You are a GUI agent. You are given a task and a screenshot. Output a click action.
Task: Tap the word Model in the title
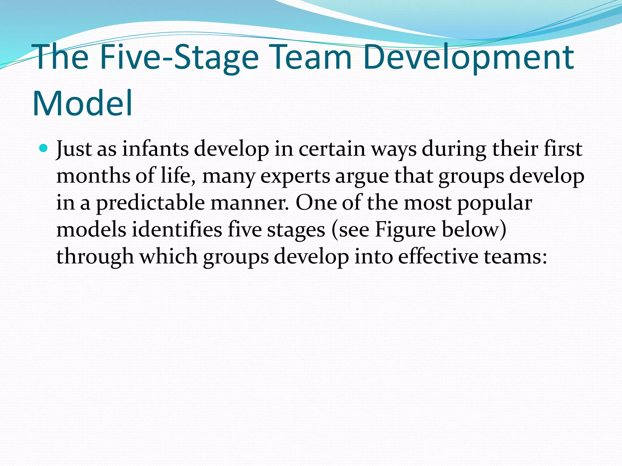(x=83, y=103)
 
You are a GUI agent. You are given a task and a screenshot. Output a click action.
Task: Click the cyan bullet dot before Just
(x=44, y=148)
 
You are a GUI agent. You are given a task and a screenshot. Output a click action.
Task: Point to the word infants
(x=155, y=149)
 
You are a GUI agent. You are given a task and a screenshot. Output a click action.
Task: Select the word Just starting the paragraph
(x=74, y=149)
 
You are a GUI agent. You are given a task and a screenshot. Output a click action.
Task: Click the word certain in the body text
(x=332, y=149)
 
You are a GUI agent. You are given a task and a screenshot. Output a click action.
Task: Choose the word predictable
(x=150, y=203)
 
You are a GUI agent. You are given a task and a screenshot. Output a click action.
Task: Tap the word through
(x=95, y=257)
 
